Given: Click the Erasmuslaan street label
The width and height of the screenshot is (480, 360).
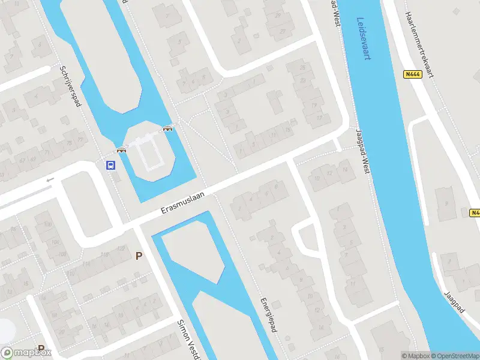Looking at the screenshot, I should coord(184,203).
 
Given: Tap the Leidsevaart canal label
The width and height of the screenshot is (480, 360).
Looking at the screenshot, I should coord(363,38).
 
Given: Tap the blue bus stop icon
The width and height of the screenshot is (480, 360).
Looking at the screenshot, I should coord(111,165).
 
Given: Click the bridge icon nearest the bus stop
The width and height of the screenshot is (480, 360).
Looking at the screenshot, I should coord(122,150).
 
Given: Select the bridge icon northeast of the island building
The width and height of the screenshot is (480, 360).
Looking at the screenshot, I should coord(169,127).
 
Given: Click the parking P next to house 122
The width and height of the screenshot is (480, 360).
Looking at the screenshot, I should coord(139,256).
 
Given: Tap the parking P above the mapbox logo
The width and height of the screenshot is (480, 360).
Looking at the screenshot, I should coord(41,347).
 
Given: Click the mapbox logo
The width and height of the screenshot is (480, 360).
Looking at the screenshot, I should coord(26,353).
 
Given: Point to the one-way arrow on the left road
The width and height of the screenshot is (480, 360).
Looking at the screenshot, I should coord(50,179).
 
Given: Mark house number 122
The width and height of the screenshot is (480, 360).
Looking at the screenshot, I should coord(111,254).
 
